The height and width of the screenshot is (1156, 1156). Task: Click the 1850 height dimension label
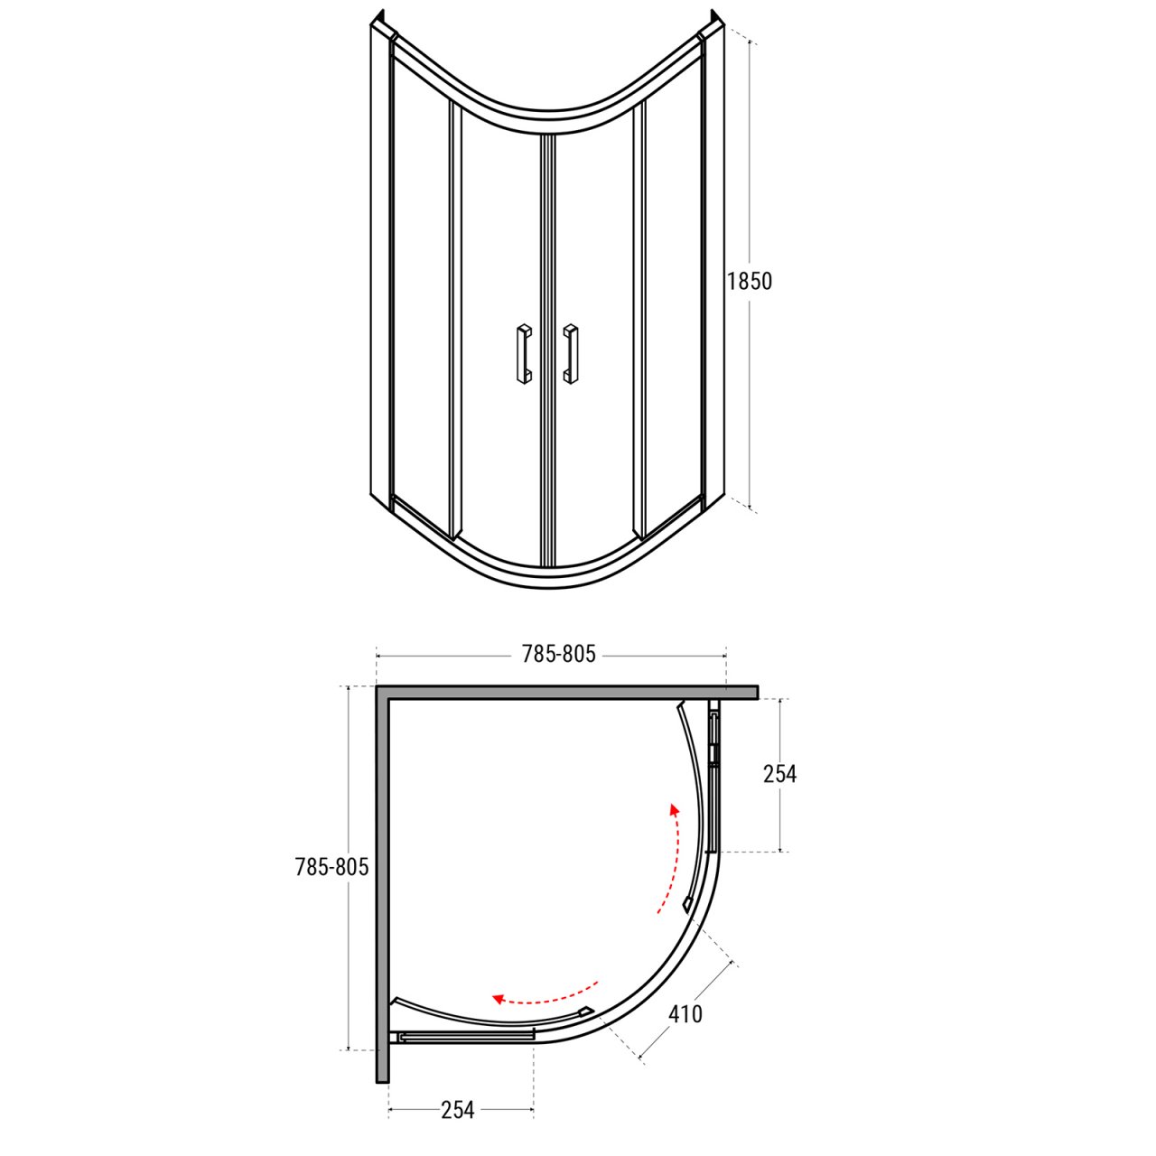(750, 281)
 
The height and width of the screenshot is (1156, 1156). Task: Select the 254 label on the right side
(779, 775)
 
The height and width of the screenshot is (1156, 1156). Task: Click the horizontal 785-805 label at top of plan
(558, 654)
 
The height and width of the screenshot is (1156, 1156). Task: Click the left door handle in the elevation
(523, 354)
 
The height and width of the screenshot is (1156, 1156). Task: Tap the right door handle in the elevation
(571, 354)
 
